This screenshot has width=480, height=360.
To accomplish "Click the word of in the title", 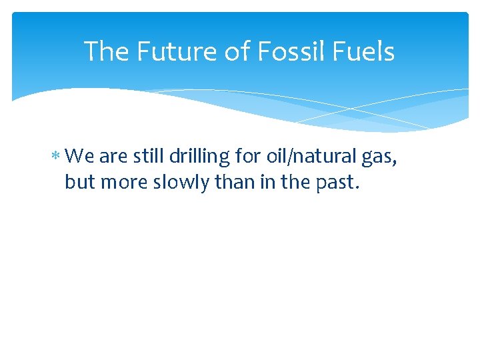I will [x=229, y=52].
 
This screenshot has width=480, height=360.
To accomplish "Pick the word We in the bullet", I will [x=81, y=157].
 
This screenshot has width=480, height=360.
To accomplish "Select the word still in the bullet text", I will [x=149, y=157].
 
